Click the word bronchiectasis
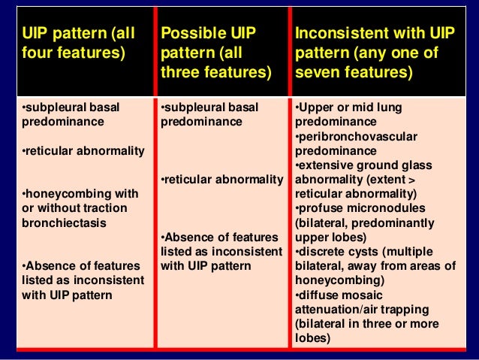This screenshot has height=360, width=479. point(64,223)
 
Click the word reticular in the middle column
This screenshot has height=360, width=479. point(188,180)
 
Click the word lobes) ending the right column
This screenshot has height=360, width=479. point(312,337)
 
